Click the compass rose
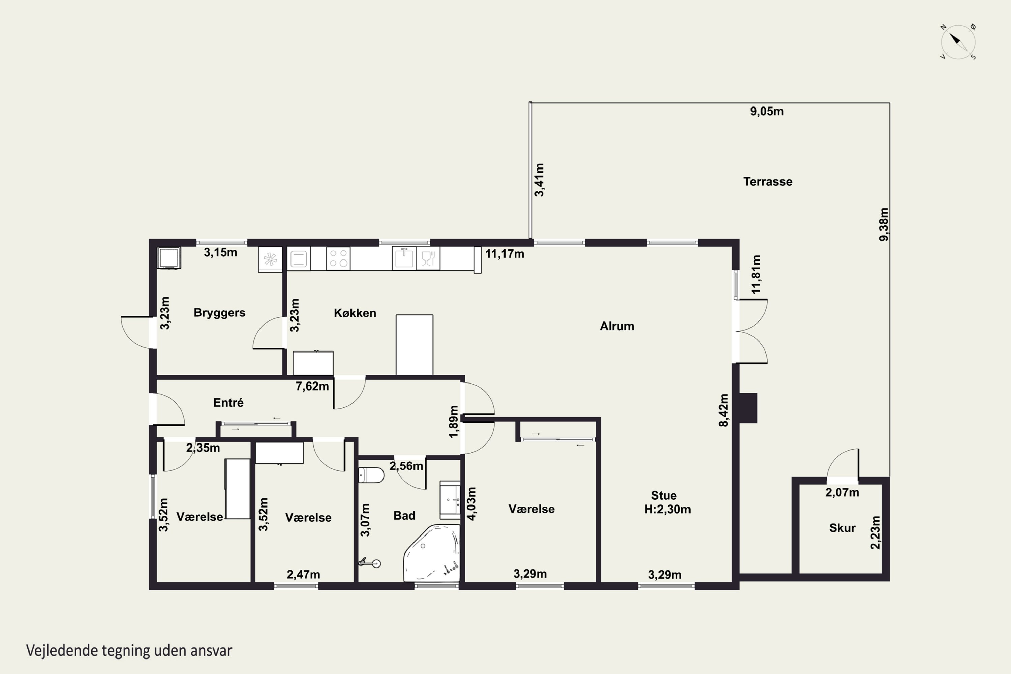[x=958, y=42]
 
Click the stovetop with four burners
[x=338, y=258]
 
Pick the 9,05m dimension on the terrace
[x=767, y=111]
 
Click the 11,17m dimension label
[x=504, y=254]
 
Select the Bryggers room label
[x=219, y=313]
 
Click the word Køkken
[x=355, y=313]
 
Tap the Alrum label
[x=617, y=326]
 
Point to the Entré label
[x=228, y=402]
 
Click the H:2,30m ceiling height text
[x=667, y=509]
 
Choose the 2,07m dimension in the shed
[x=842, y=493]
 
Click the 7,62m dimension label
[x=312, y=386]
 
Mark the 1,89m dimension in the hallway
[x=454, y=422]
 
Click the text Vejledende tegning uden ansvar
[x=129, y=651]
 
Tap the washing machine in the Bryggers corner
[x=169, y=258]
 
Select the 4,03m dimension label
[x=471, y=504]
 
